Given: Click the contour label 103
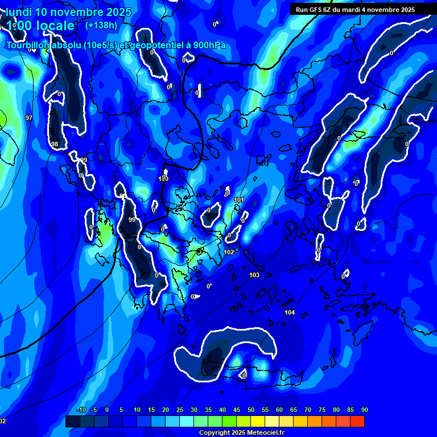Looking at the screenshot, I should [254, 275].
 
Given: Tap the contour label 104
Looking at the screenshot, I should [290, 312].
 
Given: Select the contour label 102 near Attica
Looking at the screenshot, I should [229, 252].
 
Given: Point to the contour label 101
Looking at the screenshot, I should [239, 200].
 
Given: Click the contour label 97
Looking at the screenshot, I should [29, 118].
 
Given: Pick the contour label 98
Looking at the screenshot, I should [55, 144].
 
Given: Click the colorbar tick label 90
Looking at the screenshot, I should [364, 410].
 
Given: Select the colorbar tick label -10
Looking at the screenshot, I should [81, 410].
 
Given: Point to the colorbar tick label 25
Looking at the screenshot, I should [179, 410].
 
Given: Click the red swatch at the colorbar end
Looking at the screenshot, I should [357, 421].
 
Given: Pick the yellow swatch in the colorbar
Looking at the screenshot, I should [258, 421].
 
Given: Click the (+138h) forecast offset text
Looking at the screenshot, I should [101, 25].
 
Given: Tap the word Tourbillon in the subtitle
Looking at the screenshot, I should [28, 45].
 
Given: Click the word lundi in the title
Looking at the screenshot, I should [19, 12].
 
